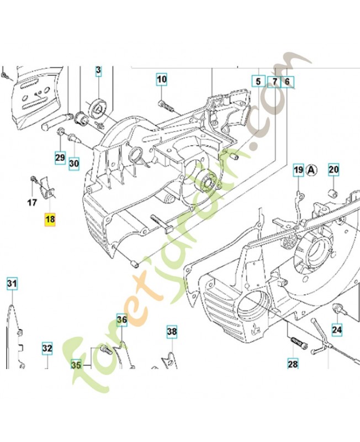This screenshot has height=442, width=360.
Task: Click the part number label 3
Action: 98,70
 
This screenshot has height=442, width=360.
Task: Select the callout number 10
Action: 161,80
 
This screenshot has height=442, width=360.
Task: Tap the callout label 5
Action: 257,82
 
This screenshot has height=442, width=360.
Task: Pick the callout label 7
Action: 274,82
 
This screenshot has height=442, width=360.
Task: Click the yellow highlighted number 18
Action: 50,219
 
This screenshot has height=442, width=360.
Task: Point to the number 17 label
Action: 32,202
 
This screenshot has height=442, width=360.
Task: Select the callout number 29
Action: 60,157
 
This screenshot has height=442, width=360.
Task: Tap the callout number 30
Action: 74,163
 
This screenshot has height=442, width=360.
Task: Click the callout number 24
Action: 336,330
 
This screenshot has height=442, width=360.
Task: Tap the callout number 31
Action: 12,284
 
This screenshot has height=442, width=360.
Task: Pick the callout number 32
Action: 47,349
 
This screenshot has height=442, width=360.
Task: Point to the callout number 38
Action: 172,331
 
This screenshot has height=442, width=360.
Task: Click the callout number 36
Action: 121,319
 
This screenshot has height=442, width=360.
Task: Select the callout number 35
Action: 76,365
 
